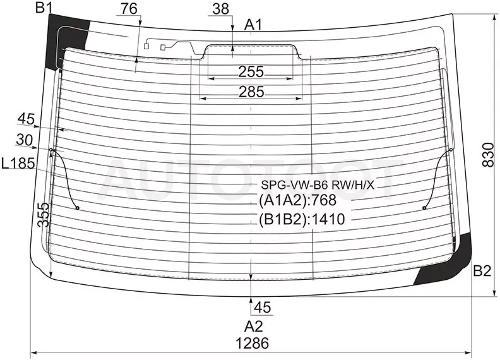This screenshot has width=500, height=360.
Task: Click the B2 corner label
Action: click(x=482, y=271)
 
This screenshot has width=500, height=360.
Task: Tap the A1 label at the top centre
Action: click(x=253, y=25)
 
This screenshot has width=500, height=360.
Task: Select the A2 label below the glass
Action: click(x=254, y=327)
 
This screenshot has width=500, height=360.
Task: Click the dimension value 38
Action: click(x=221, y=9)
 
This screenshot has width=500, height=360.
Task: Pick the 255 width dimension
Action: click(x=251, y=72)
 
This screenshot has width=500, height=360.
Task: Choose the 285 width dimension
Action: click(x=252, y=92)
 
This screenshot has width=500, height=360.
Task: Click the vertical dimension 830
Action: click(x=488, y=155)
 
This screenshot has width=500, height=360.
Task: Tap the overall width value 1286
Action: click(x=253, y=343)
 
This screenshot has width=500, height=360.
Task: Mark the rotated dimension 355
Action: click(x=44, y=215)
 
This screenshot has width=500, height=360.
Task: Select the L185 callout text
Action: click(x=18, y=164)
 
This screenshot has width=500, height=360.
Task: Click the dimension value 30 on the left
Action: click(x=24, y=140)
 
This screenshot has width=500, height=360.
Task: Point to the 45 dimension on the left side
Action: click(x=26, y=119)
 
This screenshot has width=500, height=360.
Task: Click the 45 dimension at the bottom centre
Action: click(x=263, y=308)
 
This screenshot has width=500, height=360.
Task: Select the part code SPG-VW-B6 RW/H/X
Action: click(x=318, y=184)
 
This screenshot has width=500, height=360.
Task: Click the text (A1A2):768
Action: click(x=297, y=200)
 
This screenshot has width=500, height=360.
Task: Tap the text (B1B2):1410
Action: click(x=302, y=219)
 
